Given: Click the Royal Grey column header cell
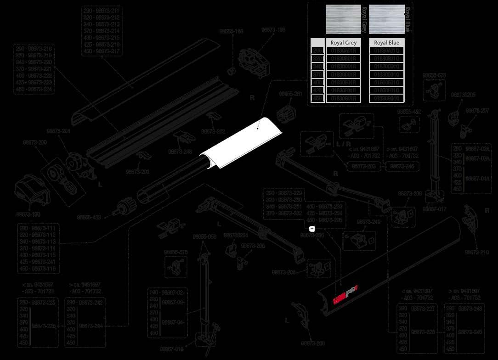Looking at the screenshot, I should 344,43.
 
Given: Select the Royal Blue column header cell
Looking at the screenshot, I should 386,43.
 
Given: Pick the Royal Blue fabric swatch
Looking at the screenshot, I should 386,19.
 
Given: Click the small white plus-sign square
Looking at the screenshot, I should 311,228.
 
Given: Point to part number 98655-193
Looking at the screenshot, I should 231,32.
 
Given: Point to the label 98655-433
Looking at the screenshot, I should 89,217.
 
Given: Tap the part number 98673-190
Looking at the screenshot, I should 28,214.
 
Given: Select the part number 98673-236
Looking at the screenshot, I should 312,235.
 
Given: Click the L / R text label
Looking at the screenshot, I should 344,144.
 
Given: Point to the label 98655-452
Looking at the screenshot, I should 409,112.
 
